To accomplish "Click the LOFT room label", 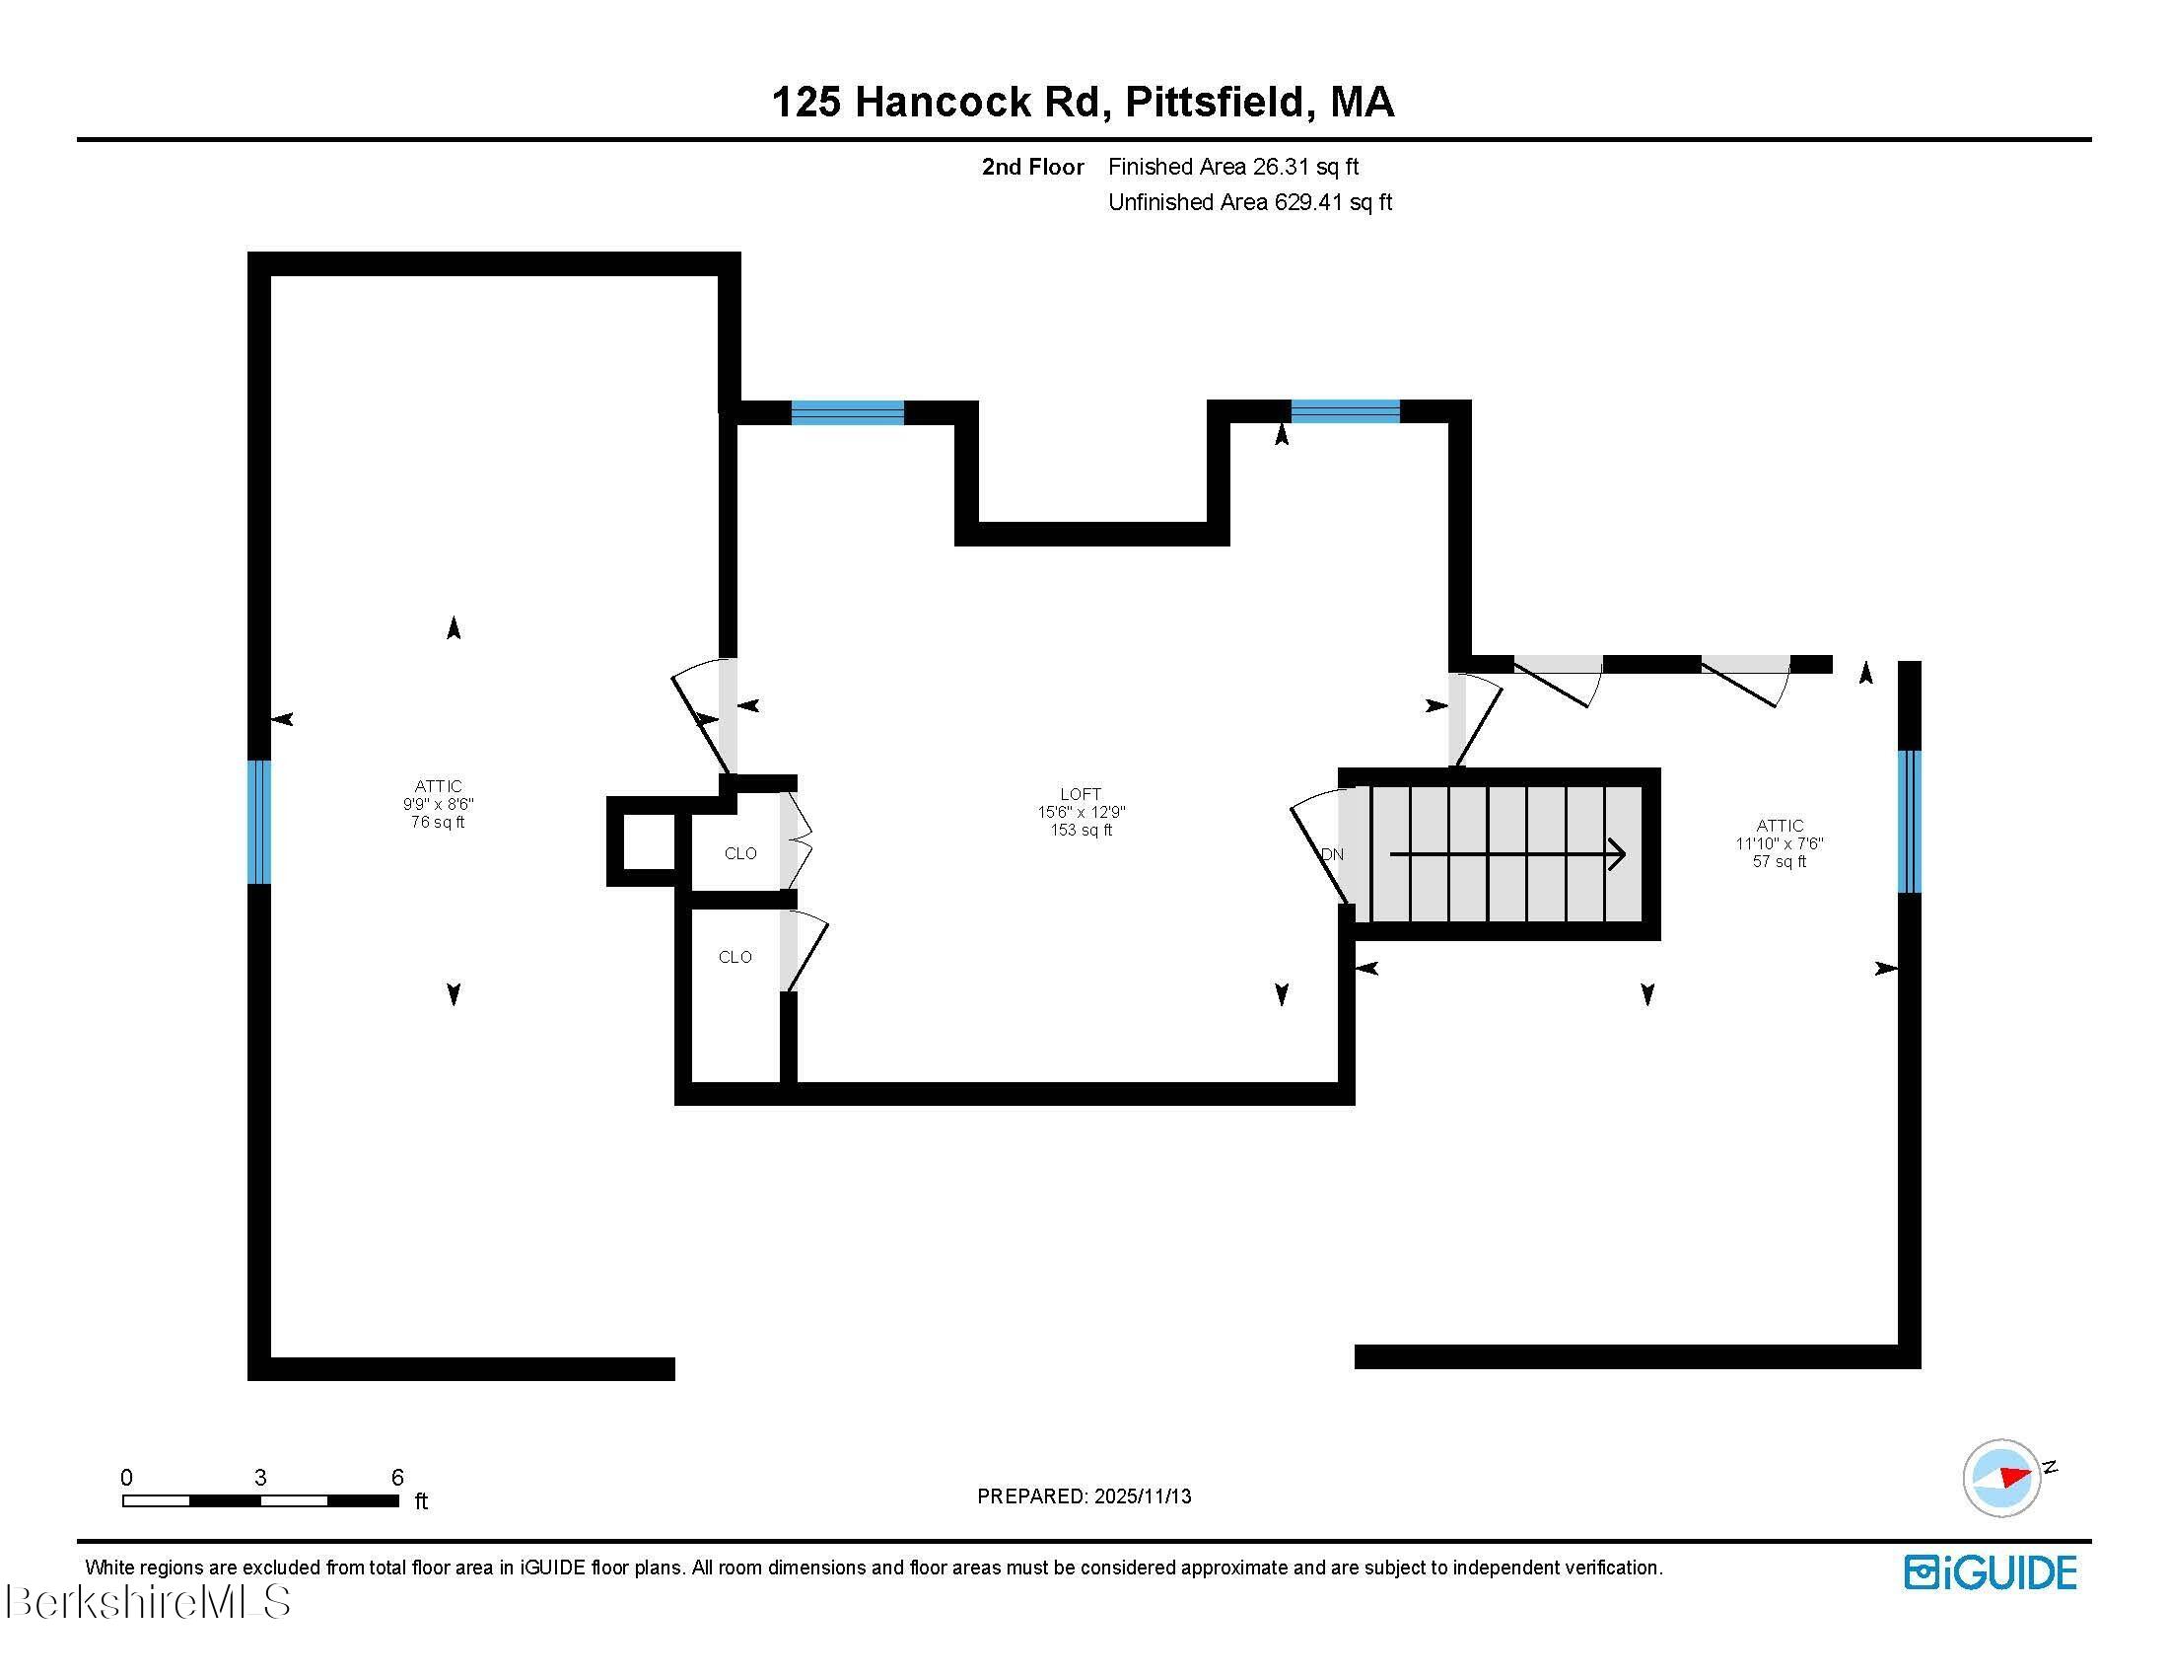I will (x=1081, y=794).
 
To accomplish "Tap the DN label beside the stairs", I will (x=1332, y=854).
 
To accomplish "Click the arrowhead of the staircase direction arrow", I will (x=1618, y=854).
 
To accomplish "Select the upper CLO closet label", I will (x=739, y=853).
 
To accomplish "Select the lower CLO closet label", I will (x=735, y=957).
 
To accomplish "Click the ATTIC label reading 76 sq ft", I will (x=438, y=804).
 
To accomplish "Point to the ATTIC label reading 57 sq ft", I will (x=1779, y=842).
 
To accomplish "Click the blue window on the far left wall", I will (x=258, y=822).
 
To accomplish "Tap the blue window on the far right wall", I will (x=1909, y=822).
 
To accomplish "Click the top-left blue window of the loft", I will (x=847, y=412).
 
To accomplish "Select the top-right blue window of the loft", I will (x=1345, y=411).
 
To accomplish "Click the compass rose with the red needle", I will (x=2001, y=1478).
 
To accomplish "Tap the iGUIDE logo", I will (x=1991, y=1572).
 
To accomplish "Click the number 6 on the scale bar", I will (x=397, y=1478).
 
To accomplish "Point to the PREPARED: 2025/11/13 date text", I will (x=1084, y=1496).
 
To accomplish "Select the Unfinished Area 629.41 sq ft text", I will (x=1249, y=202).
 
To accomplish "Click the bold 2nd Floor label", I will (x=1032, y=167).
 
